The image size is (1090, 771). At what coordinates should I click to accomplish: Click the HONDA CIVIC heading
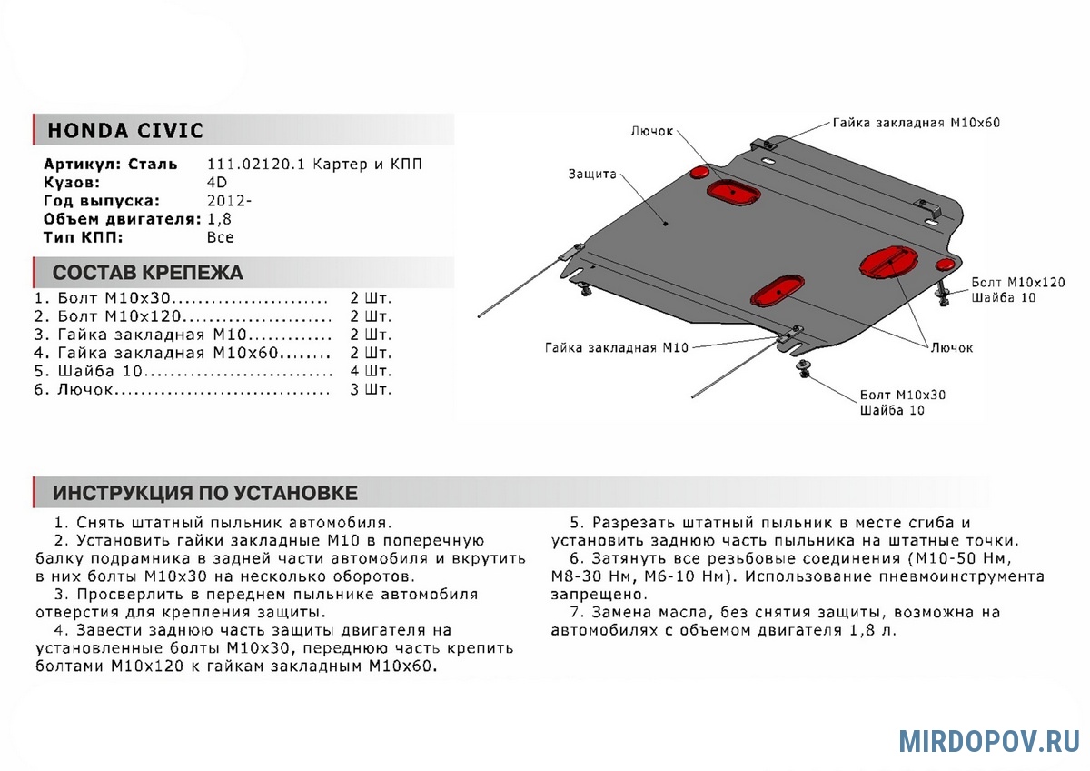[125, 130]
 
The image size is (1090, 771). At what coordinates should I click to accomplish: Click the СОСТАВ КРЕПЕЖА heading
[147, 273]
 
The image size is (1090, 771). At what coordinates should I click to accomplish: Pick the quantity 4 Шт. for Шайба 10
[370, 371]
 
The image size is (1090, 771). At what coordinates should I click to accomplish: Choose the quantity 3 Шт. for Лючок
[370, 389]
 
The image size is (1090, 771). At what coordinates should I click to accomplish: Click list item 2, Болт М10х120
[182, 316]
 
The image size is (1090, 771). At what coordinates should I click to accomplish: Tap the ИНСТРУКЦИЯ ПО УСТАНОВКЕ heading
[204, 493]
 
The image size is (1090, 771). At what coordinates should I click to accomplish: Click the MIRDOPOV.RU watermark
[988, 740]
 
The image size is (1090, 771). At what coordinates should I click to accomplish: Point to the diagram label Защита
[592, 174]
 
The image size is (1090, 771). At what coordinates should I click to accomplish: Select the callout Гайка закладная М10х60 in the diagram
[916, 122]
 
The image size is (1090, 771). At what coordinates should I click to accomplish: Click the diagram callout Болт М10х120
[1016, 283]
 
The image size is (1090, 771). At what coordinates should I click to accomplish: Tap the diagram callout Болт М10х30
[902, 396]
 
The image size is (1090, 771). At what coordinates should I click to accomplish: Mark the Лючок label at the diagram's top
[651, 131]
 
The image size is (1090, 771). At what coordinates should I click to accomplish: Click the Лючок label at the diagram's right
[951, 348]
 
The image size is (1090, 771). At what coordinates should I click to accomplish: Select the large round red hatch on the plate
[888, 260]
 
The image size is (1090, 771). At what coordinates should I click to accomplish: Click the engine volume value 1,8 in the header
[218, 219]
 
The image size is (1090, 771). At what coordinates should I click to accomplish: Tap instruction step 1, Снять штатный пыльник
[223, 523]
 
